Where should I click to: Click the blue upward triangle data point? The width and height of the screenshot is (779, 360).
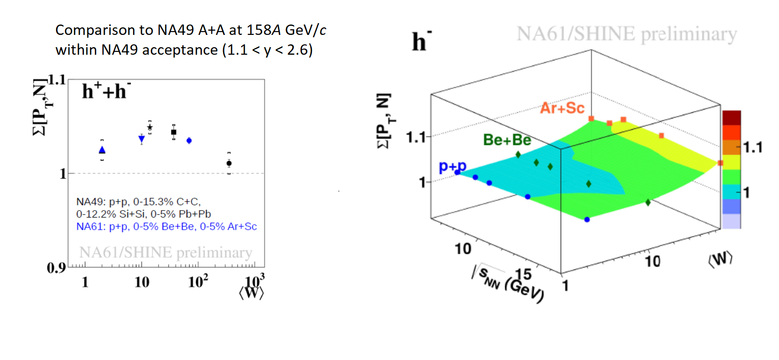click(x=102, y=150)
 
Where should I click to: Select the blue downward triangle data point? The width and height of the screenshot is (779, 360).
click(x=142, y=139)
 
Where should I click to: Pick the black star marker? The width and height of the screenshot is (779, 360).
click(x=150, y=127)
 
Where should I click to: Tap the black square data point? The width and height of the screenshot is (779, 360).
click(x=174, y=132)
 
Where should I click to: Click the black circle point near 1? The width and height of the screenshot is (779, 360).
click(x=229, y=163)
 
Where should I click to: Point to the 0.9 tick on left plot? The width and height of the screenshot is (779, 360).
click(x=56, y=268)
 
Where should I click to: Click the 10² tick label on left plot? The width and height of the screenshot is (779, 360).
click(x=198, y=282)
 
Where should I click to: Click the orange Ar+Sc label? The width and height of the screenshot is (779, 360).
click(x=562, y=108)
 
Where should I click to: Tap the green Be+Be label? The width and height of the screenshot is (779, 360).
click(x=507, y=140)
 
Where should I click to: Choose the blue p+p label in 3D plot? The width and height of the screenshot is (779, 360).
click(x=452, y=166)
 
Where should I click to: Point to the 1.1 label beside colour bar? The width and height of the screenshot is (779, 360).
click(x=753, y=148)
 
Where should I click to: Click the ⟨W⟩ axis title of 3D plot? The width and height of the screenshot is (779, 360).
click(x=720, y=259)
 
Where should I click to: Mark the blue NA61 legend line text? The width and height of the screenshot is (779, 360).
click(x=166, y=226)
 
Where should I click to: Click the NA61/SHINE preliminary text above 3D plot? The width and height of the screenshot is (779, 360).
click(x=627, y=34)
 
